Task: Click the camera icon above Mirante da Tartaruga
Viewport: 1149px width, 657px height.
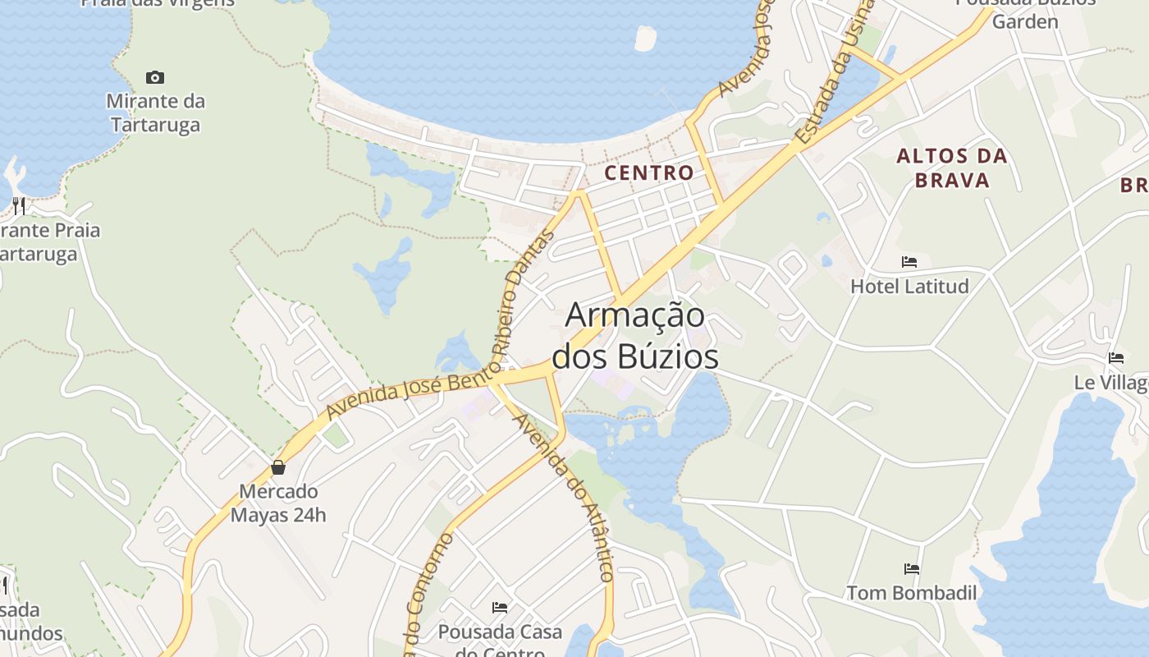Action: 154,78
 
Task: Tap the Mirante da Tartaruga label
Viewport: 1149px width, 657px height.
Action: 155,113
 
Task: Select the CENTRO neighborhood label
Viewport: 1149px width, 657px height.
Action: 648,173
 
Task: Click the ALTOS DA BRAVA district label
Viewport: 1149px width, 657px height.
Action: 951,168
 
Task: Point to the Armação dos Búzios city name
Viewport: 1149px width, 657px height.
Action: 635,336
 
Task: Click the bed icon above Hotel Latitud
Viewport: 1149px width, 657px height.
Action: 909,262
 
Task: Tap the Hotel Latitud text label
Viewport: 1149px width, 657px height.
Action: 909,287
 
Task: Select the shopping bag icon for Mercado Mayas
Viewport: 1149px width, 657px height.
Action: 278,467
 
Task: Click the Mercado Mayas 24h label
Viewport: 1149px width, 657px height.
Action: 278,503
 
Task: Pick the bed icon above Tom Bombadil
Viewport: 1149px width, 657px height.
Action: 911,568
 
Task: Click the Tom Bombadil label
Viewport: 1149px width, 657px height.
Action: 911,593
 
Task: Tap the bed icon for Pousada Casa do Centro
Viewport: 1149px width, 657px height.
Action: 500,608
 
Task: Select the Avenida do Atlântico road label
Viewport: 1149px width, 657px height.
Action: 564,497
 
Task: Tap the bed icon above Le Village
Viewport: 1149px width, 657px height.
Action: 1116,358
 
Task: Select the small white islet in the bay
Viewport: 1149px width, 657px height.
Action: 646,38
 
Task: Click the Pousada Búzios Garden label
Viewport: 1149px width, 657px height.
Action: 1026,11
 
